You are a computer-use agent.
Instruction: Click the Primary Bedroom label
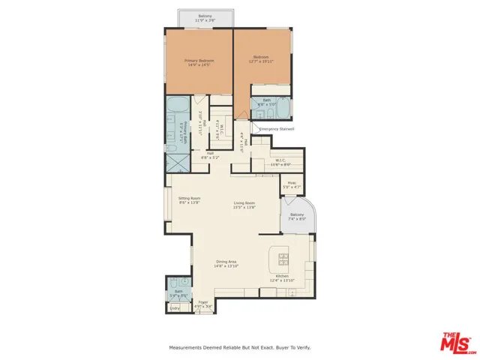click(x=199, y=60)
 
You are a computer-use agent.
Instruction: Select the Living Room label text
click(x=244, y=202)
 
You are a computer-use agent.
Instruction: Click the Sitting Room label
click(x=189, y=198)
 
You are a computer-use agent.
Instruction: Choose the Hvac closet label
click(x=291, y=182)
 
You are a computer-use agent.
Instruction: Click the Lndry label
click(x=175, y=307)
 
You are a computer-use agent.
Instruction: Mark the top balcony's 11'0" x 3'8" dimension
click(x=205, y=21)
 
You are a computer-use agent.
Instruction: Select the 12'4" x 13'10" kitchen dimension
click(x=283, y=281)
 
